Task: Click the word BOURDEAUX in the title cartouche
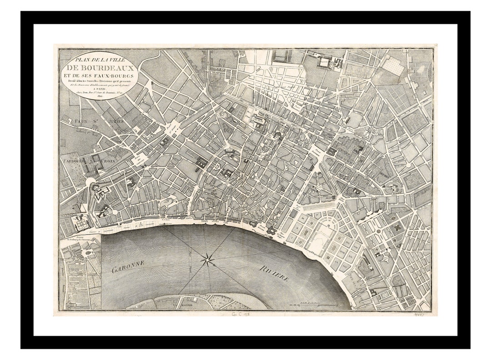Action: [x=98, y=68]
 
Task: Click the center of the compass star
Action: [x=208, y=260]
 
